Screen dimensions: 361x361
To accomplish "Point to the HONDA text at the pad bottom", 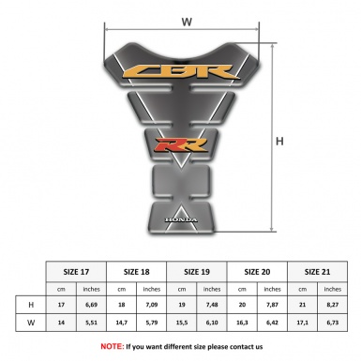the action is [181, 223].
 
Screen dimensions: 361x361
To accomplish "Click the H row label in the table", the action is [31, 305].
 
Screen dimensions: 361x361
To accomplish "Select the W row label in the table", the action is [31, 323].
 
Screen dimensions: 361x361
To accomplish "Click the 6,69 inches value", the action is [92, 305].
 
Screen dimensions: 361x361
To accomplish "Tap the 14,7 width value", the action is [122, 323].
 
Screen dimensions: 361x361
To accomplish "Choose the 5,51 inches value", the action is [92, 323].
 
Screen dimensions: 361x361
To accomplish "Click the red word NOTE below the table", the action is [113, 346].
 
